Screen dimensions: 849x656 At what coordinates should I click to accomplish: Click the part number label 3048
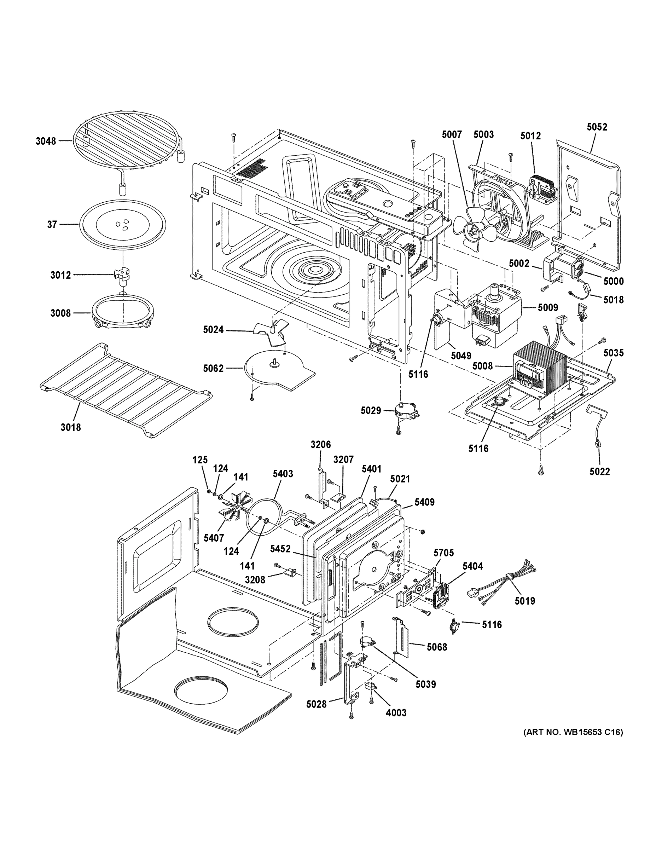pyautogui.click(x=46, y=141)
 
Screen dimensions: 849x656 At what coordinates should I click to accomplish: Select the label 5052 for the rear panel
pyautogui.click(x=597, y=127)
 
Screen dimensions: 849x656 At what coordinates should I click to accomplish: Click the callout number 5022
pyautogui.click(x=599, y=472)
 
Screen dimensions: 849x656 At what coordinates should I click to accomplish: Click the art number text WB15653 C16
pyautogui.click(x=573, y=732)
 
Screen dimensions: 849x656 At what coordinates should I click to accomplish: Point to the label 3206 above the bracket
pyautogui.click(x=320, y=444)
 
